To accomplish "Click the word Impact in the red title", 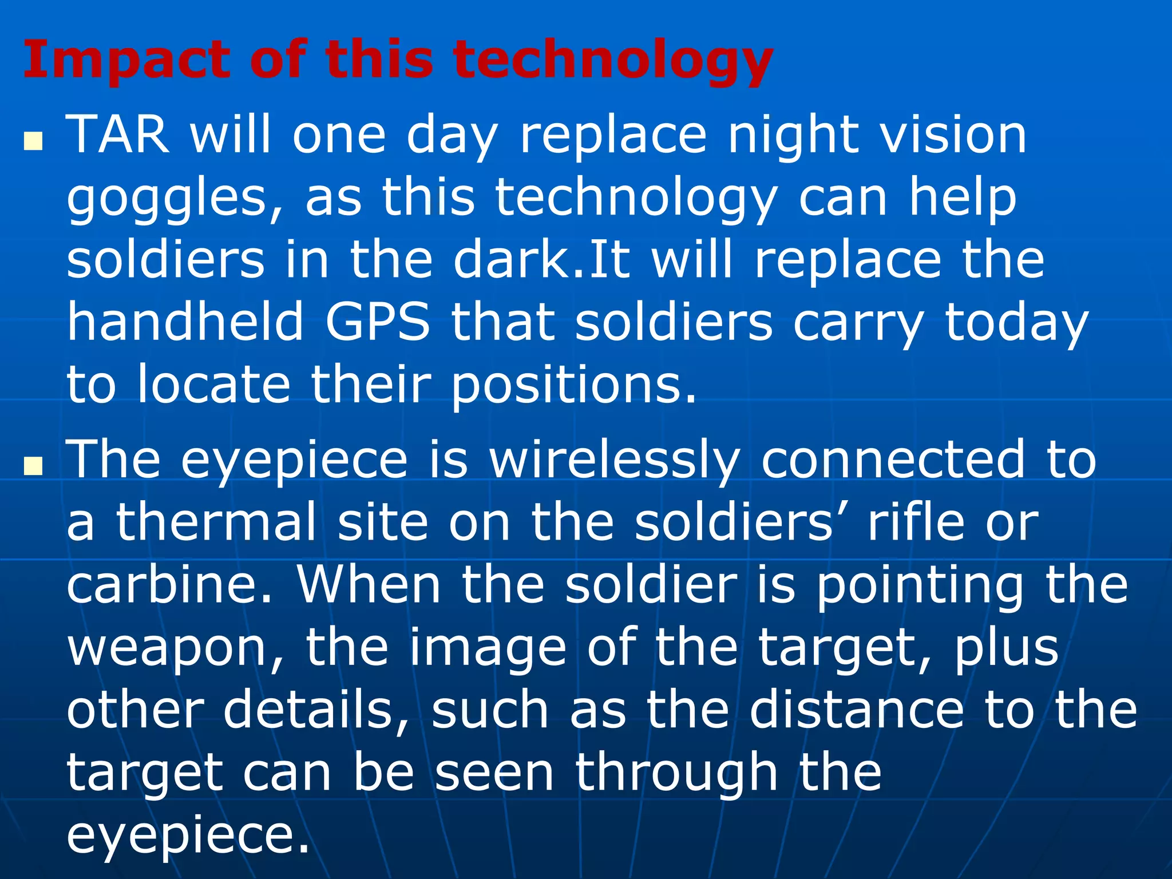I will tap(126, 60).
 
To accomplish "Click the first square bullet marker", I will tap(34, 141).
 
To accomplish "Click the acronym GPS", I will tap(378, 322).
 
